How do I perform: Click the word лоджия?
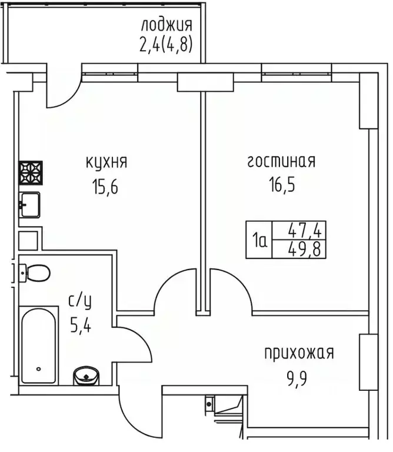[x=166, y=25]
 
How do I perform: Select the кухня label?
[x=106, y=161]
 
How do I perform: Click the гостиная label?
[x=281, y=161]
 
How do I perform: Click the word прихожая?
[x=299, y=353]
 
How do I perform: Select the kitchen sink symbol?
[x=29, y=205]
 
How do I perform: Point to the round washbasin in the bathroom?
[x=87, y=374]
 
